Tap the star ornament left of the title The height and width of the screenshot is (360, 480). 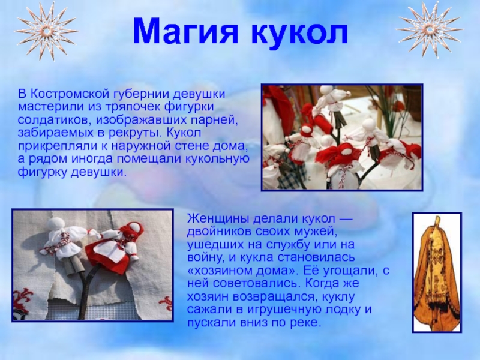(46, 30)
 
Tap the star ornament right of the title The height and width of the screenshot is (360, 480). (429, 30)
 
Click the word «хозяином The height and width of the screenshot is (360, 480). (218, 271)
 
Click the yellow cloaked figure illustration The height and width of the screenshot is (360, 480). (437, 273)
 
